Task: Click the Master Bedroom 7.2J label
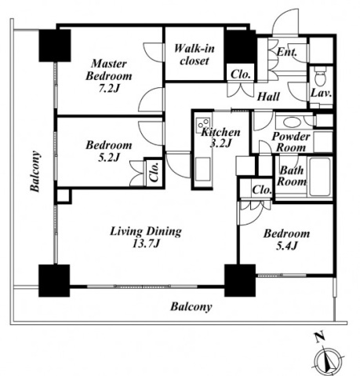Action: (x=109, y=76)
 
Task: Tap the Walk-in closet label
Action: (x=195, y=55)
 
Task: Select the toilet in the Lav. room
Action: (x=320, y=75)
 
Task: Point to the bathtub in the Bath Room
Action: (x=320, y=177)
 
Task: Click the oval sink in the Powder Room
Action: (x=290, y=122)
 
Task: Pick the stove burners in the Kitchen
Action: (x=203, y=123)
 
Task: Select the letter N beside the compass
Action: (x=320, y=337)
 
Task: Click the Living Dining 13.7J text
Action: (x=146, y=237)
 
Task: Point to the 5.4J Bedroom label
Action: (x=286, y=239)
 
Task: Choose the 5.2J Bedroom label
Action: (x=109, y=151)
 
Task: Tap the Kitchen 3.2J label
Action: (x=220, y=137)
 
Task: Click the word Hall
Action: (x=268, y=97)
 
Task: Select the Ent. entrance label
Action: (x=287, y=52)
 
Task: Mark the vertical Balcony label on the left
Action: (x=35, y=171)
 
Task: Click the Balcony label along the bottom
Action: (x=191, y=307)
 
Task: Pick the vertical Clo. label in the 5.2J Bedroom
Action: (x=155, y=172)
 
